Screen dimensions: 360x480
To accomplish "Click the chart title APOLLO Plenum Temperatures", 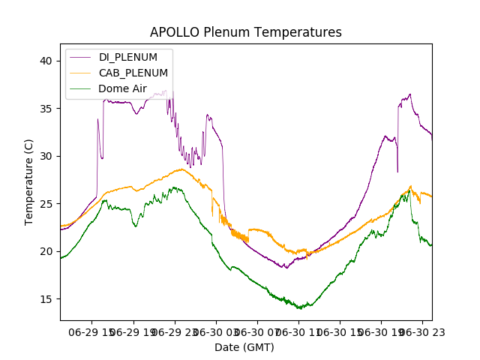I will [x=245, y=32].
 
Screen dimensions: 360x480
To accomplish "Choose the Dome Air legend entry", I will [x=122, y=88].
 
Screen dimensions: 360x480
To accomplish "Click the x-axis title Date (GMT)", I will [x=244, y=347].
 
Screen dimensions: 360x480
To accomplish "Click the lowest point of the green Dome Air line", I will [x=301, y=308].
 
